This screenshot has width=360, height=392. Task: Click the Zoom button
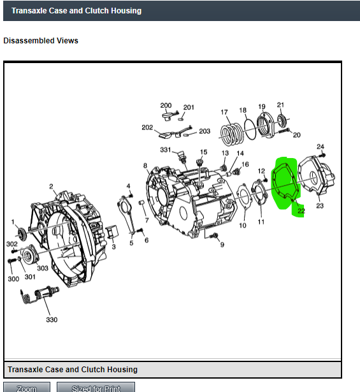27,388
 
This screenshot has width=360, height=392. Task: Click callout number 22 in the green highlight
301,211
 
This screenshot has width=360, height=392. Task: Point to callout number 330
52,319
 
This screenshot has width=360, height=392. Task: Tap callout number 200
166,106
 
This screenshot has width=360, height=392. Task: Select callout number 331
166,150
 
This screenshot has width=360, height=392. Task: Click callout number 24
320,147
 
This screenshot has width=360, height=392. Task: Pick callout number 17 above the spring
224,112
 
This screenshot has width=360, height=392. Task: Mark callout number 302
11,243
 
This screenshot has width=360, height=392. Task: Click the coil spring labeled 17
232,134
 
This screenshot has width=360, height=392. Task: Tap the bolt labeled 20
284,131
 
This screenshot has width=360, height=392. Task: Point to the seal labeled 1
22,234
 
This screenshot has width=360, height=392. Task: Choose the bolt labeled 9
215,235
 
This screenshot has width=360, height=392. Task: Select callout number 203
205,131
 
